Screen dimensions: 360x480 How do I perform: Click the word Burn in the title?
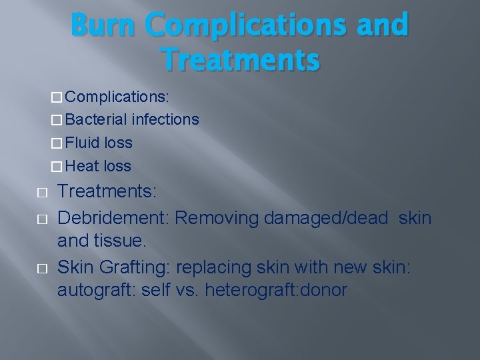pos(106,25)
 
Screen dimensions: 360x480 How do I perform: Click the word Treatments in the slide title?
pos(241,59)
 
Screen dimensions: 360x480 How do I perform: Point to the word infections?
pos(165,119)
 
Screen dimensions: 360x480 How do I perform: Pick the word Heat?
pos(83,166)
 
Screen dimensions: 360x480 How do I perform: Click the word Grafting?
pos(135,267)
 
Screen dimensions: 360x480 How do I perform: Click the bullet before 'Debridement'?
pos(43,219)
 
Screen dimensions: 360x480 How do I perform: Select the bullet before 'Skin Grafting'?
pos(43,268)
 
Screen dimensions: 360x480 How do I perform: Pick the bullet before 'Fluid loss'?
pos(57,143)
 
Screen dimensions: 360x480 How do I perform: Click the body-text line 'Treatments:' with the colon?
pos(107,193)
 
